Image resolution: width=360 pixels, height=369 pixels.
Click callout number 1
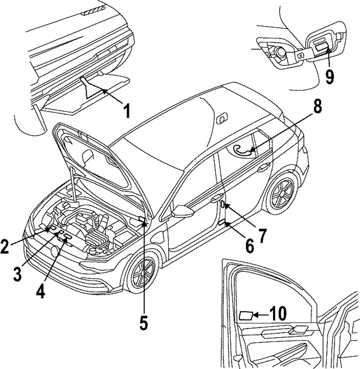127,111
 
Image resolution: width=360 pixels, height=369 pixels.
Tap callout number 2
5,246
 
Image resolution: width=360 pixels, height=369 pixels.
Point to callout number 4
41,291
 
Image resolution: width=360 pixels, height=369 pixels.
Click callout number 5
143,323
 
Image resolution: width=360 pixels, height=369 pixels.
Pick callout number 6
249,246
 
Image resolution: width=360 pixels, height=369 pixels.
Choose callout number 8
317,106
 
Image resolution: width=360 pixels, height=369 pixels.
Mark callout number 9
329,76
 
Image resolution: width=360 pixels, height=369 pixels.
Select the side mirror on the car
183,210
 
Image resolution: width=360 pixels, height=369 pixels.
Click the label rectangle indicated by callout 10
246,316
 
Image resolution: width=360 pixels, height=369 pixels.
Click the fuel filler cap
280,52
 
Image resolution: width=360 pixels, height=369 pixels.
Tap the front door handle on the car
217,199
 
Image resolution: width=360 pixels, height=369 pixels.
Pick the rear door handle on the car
264,168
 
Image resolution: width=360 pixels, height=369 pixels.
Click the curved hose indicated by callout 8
242,150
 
